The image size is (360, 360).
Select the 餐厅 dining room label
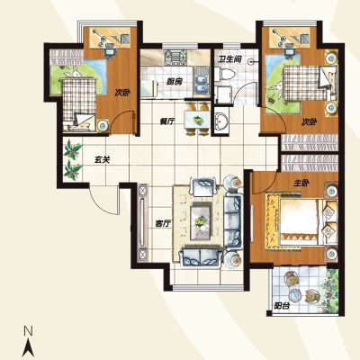pyautogui.click(x=167, y=121)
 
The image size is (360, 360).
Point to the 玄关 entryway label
pyautogui.click(x=103, y=160)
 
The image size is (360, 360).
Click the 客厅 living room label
pyautogui.click(x=163, y=223)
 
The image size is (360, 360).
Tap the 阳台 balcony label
pyautogui.click(x=282, y=306)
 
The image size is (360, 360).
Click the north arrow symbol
pyautogui.click(x=29, y=347)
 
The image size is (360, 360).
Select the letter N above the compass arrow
pyautogui.click(x=28, y=331)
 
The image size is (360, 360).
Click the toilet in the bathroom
pyautogui.click(x=224, y=75)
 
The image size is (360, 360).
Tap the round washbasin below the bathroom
pyautogui.click(x=222, y=122)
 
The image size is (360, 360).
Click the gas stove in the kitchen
pyautogui.click(x=175, y=57)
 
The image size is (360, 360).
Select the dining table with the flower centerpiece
pyautogui.click(x=196, y=120)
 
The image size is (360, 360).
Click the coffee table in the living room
pyautogui.click(x=201, y=221)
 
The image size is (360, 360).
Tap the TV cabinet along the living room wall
pyautogui.click(x=143, y=222)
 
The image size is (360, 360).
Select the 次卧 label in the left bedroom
pyautogui.click(x=122, y=93)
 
